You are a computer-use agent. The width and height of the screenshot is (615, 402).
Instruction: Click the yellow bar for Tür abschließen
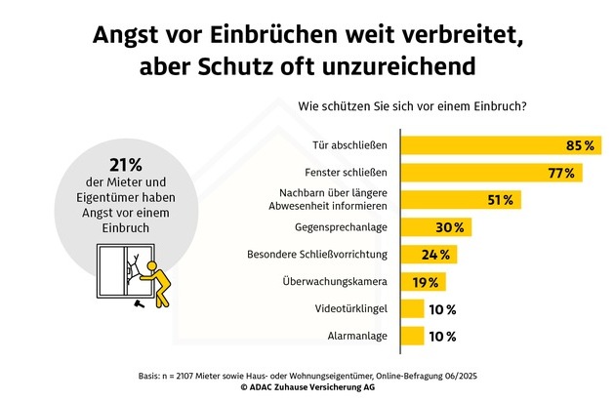(488, 145)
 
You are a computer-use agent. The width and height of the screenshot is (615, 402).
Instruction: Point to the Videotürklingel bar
(412, 309)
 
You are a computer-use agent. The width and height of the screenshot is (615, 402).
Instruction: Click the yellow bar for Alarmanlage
(412, 337)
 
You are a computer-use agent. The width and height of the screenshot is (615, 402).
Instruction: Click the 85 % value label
(580, 145)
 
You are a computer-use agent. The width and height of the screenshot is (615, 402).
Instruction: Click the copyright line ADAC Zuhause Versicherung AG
(307, 387)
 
